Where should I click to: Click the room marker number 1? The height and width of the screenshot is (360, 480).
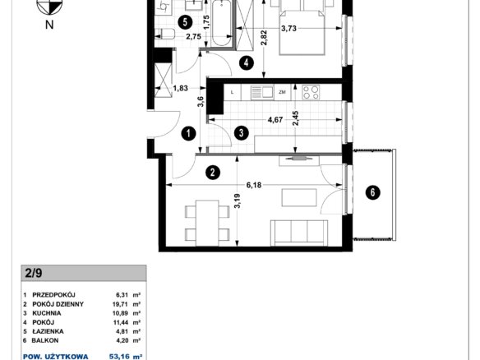pos(188,133)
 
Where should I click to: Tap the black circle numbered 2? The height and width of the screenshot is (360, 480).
pos(213,173)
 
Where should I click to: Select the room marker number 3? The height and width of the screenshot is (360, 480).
pos(241,133)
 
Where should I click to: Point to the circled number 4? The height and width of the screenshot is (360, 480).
pos(247,63)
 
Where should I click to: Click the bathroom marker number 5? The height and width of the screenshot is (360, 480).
pos(185,22)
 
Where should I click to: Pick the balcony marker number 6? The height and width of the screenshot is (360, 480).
pos(373,192)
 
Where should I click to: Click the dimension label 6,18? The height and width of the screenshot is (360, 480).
pos(254,185)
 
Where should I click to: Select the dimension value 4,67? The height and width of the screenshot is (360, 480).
pos(275,120)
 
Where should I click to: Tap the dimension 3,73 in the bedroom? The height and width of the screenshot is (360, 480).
pos(288,29)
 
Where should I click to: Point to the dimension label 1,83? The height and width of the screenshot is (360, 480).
pos(181,88)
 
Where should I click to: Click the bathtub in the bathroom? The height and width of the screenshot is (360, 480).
pos(222,23)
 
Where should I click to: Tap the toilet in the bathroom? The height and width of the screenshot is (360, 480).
pos(164,34)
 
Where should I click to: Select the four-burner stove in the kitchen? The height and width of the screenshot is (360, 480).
pos(311,92)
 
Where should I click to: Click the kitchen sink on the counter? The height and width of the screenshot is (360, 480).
pos(262,92)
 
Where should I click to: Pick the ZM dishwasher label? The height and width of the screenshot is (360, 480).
pos(282,92)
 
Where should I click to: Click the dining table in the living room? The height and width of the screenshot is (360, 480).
pos(207,223)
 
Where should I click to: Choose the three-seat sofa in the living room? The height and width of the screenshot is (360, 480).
pos(299,233)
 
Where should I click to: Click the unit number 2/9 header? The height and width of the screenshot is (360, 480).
pos(34,273)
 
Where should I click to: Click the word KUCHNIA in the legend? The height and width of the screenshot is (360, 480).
pos(47,313)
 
